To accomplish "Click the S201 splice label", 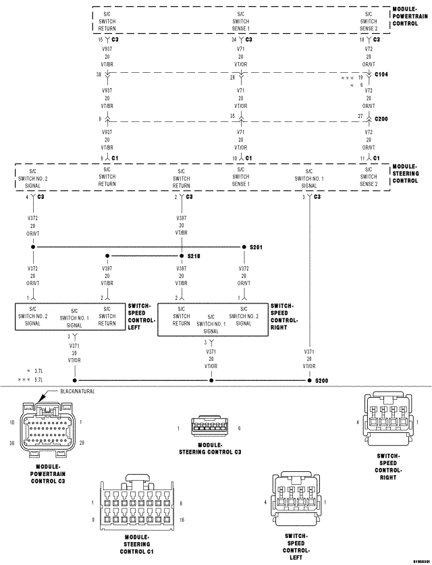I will click(256, 247).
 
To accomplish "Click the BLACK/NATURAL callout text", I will click(78, 391).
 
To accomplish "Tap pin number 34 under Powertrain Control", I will click(233, 39).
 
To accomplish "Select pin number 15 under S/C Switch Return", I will click(101, 39).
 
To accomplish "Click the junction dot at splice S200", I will click(309, 381).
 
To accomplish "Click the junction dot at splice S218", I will click(182, 256).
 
